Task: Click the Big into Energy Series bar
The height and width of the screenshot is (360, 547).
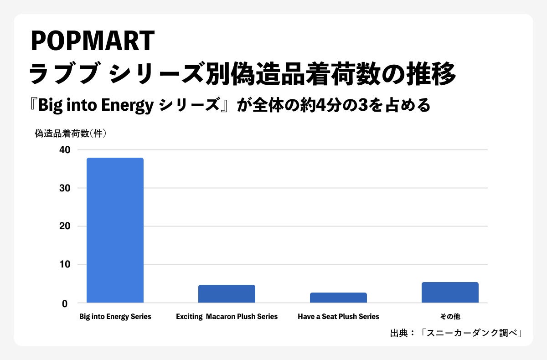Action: (x=115, y=230)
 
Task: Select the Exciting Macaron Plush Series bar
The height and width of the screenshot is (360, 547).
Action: (x=227, y=293)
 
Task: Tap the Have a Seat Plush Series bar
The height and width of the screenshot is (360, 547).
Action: (x=338, y=298)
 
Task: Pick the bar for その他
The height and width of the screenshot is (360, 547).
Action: (x=450, y=293)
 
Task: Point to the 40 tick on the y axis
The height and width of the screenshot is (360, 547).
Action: (x=65, y=150)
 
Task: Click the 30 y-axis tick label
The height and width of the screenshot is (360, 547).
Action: (x=65, y=188)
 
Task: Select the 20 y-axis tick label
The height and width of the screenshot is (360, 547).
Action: (x=65, y=226)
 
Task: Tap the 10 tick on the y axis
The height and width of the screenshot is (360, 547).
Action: (x=65, y=265)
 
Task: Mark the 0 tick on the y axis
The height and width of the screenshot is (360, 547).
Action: (x=65, y=304)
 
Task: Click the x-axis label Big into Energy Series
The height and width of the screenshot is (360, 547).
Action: (x=115, y=317)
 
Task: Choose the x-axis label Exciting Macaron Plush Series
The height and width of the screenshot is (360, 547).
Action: (x=227, y=317)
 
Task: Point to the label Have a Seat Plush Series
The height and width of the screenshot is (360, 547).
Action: (x=338, y=317)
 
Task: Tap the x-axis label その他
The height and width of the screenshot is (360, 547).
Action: (x=450, y=317)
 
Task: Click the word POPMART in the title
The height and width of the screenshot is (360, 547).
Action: (x=93, y=41)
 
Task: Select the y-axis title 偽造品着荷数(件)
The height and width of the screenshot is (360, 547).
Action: (x=71, y=134)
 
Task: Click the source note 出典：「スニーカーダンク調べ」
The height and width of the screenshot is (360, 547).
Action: (x=456, y=333)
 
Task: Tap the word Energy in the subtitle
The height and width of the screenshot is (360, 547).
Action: (x=127, y=105)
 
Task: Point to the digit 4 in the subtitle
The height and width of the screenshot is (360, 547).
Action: (x=320, y=105)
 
